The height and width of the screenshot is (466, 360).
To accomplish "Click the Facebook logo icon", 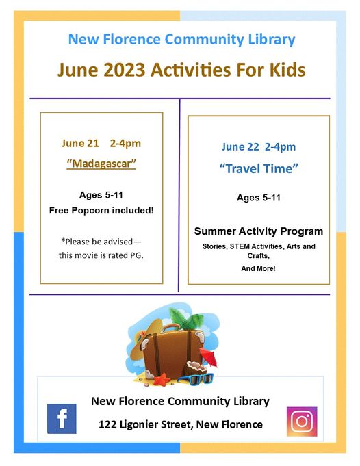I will [62, 419].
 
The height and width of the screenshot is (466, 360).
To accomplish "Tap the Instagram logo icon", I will [301, 422].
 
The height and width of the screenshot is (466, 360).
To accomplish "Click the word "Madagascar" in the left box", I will [101, 164].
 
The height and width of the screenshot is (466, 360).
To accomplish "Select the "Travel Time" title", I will [259, 168].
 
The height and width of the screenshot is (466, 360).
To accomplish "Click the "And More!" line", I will [258, 268].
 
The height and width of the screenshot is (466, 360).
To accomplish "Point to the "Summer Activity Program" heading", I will [259, 231].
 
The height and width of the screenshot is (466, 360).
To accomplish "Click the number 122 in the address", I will [110, 424].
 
